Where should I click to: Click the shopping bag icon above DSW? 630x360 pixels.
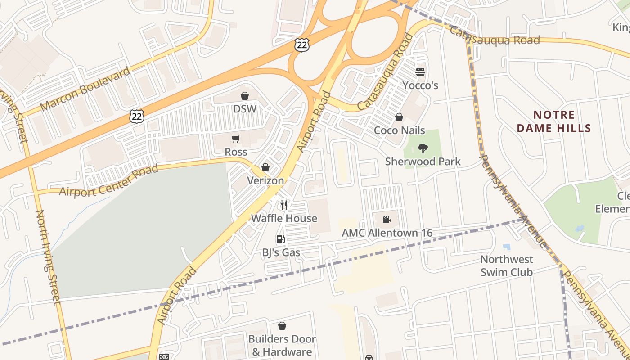(245, 96)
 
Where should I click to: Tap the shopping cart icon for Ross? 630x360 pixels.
(236, 139)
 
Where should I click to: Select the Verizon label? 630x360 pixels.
(265, 180)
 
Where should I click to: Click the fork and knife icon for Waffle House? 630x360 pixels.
(283, 205)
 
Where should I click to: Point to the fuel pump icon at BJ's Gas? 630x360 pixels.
(281, 239)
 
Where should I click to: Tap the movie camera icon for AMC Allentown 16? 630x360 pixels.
(387, 219)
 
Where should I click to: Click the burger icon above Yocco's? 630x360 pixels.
(420, 72)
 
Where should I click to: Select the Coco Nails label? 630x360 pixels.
(400, 130)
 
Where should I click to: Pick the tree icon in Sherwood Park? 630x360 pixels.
(423, 148)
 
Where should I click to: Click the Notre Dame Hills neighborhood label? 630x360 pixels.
(553, 122)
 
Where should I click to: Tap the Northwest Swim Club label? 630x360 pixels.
(507, 265)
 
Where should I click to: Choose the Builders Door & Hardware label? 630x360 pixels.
(282, 345)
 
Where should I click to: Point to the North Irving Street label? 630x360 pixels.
(48, 257)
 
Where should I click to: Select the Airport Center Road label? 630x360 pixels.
(109, 180)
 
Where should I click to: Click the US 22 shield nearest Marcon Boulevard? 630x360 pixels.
(136, 117)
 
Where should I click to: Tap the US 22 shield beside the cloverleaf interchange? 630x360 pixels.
(302, 44)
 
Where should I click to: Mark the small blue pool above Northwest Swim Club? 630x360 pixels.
(507, 247)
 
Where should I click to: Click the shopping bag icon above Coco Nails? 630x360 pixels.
(399, 117)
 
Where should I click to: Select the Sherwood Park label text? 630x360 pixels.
(423, 161)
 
